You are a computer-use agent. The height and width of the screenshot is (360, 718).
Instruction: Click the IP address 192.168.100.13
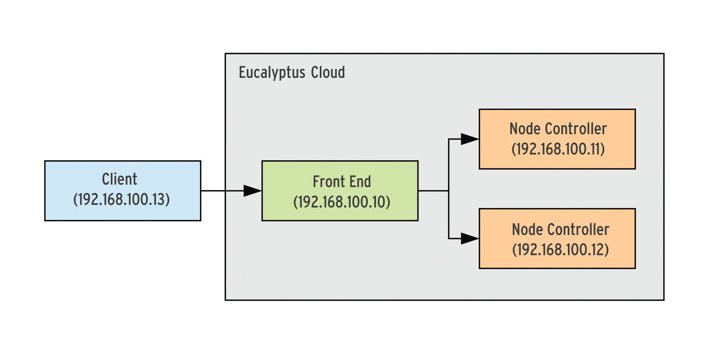(x=121, y=200)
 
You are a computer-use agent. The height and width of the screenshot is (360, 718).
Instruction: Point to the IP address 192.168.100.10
(x=341, y=202)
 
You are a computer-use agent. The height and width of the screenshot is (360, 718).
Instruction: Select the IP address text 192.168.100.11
(x=558, y=149)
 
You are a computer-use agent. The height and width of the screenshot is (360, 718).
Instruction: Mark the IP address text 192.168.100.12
(x=560, y=250)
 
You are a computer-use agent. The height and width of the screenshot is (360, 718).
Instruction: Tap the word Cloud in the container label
(x=328, y=72)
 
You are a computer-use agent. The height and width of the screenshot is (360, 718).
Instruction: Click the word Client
(x=119, y=179)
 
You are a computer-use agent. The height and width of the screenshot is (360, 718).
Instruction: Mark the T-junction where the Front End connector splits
(x=449, y=191)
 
